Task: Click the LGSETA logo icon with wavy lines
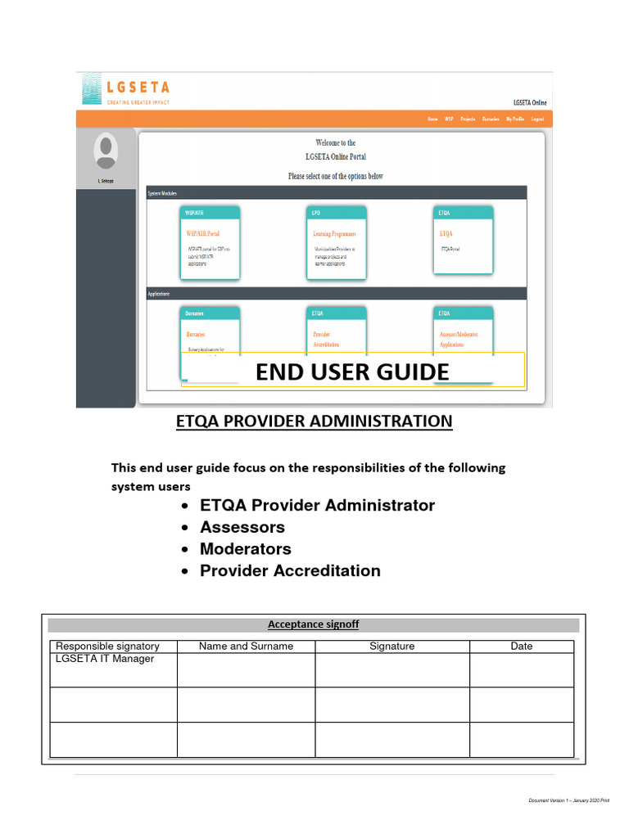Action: point(91,88)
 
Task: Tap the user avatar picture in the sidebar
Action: point(106,151)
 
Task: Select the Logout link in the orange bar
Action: point(537,119)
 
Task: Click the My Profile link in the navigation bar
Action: point(515,119)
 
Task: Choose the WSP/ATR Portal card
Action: point(210,243)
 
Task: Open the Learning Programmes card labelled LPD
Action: point(337,243)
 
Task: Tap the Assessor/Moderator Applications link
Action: point(459,339)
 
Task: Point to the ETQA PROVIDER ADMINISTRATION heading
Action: point(314,421)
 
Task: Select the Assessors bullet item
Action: point(242,527)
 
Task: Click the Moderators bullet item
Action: point(246,549)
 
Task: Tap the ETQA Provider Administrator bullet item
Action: point(317,505)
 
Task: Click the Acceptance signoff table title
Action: point(313,624)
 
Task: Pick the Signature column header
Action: point(391,647)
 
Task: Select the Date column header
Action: point(522,647)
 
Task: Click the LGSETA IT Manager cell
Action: point(105,659)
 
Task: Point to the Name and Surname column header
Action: point(246,647)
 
